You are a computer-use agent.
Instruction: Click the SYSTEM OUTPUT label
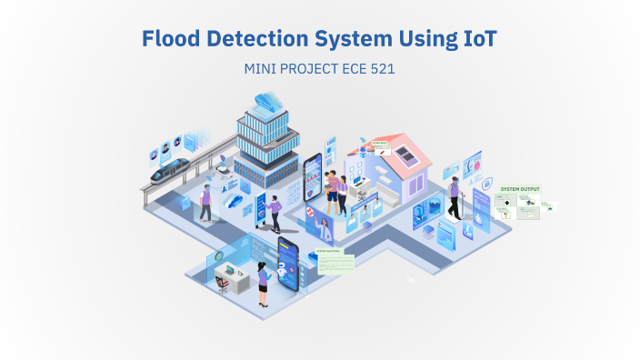520,189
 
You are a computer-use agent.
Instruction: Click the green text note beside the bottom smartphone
335,262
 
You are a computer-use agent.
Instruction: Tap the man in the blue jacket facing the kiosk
275,211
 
